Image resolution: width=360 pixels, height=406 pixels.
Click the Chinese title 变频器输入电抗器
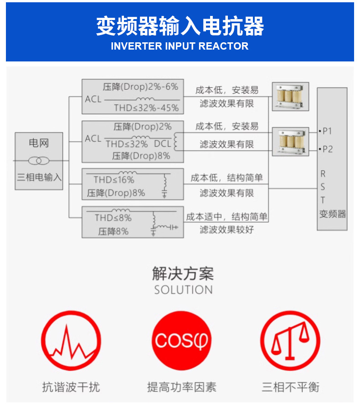pos(180,26)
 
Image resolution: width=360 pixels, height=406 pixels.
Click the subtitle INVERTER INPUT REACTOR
pos(180,46)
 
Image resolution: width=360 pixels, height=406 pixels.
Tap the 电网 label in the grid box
pos(39,143)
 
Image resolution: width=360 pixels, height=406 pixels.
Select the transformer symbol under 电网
pos(39,161)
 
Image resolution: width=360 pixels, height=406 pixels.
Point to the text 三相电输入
pos(39,177)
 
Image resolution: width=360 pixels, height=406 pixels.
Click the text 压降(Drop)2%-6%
pos(140,86)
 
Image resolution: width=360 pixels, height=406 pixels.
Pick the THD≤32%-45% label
pos(146,108)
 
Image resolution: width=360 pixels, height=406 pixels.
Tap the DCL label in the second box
pos(162,144)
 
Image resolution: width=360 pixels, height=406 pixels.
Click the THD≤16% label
pos(114,180)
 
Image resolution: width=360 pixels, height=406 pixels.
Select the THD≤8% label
pos(113,218)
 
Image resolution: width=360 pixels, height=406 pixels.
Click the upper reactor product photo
pos(290,96)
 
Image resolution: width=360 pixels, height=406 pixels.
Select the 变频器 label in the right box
pos(333,214)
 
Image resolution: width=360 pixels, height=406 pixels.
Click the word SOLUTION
pos(183,289)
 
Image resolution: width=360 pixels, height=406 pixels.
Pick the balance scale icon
pos(290,340)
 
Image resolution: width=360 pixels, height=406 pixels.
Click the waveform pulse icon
pos(71,340)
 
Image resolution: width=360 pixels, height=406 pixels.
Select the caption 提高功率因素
pos(181,387)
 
